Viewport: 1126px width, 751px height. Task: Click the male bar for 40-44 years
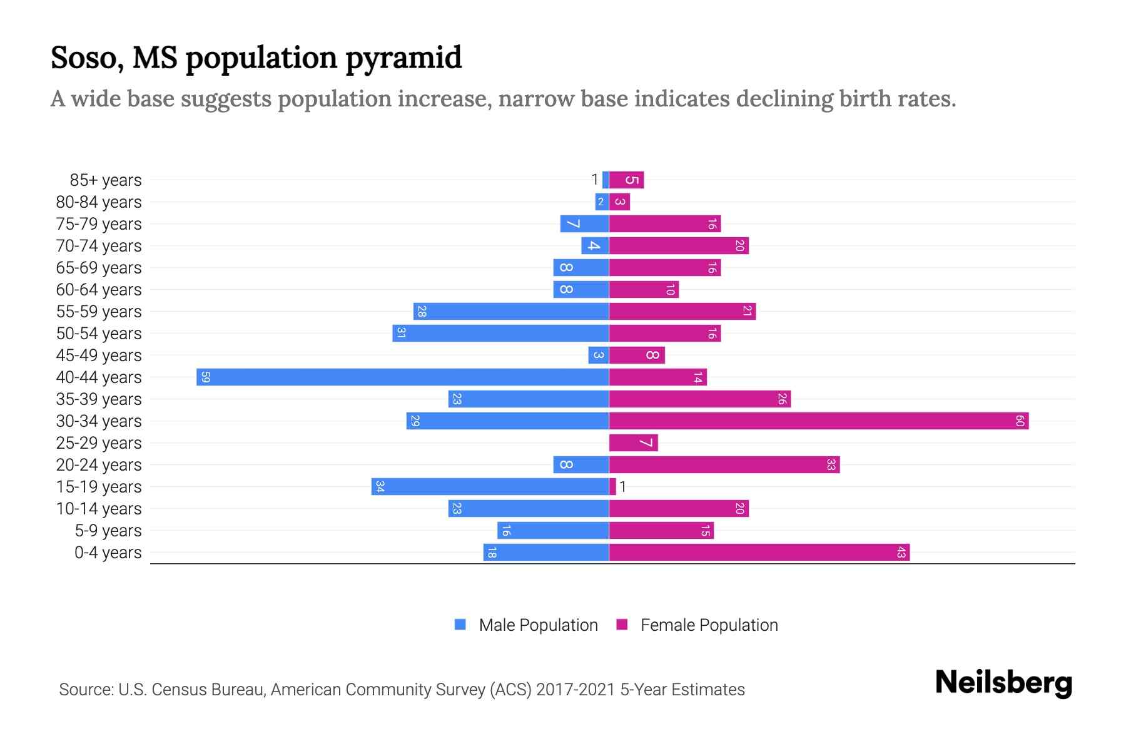tap(403, 377)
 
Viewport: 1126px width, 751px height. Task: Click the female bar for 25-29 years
tap(633, 443)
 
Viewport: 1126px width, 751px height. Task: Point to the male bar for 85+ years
tap(606, 180)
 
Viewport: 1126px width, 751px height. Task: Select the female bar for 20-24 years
tap(724, 465)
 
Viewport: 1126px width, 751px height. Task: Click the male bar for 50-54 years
tap(500, 334)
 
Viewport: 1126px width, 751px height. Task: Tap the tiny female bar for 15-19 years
tap(612, 487)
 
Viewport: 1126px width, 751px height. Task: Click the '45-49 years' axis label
tap(99, 355)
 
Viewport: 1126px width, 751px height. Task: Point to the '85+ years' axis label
tap(106, 180)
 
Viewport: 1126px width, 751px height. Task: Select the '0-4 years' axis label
tap(108, 553)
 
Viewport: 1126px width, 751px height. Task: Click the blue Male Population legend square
tap(460, 625)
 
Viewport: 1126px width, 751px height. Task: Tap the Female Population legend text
tap(709, 625)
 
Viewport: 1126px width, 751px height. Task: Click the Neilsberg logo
tap(1003, 682)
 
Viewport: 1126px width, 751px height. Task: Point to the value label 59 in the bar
tap(205, 377)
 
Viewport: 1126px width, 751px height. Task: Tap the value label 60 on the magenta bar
tap(1019, 421)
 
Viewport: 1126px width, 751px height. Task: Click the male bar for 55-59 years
tap(511, 312)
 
